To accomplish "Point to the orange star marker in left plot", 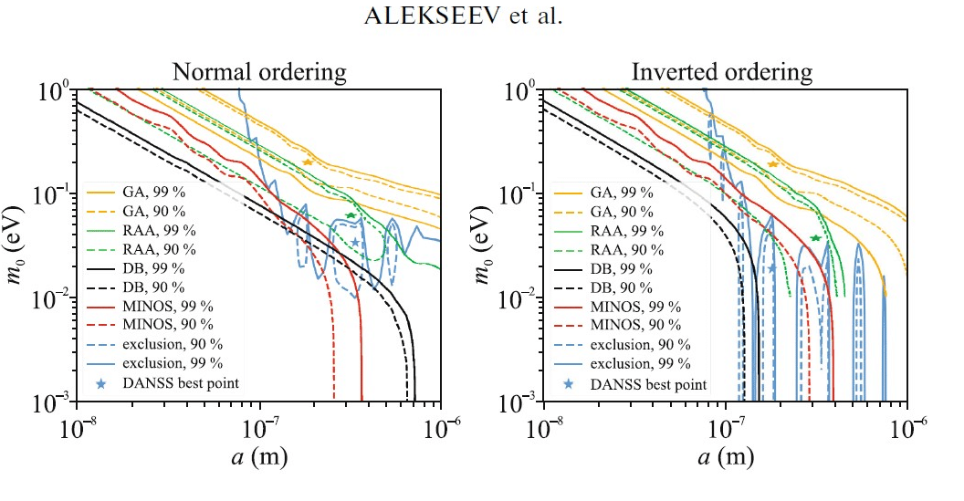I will (x=308, y=162).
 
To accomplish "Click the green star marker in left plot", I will (x=351, y=215).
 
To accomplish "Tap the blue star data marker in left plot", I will (x=355, y=242).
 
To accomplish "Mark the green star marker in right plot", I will (x=815, y=238).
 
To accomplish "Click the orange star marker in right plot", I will (x=773, y=164).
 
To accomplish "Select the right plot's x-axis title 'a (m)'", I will (x=726, y=454).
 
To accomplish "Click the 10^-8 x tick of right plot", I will (x=543, y=426).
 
